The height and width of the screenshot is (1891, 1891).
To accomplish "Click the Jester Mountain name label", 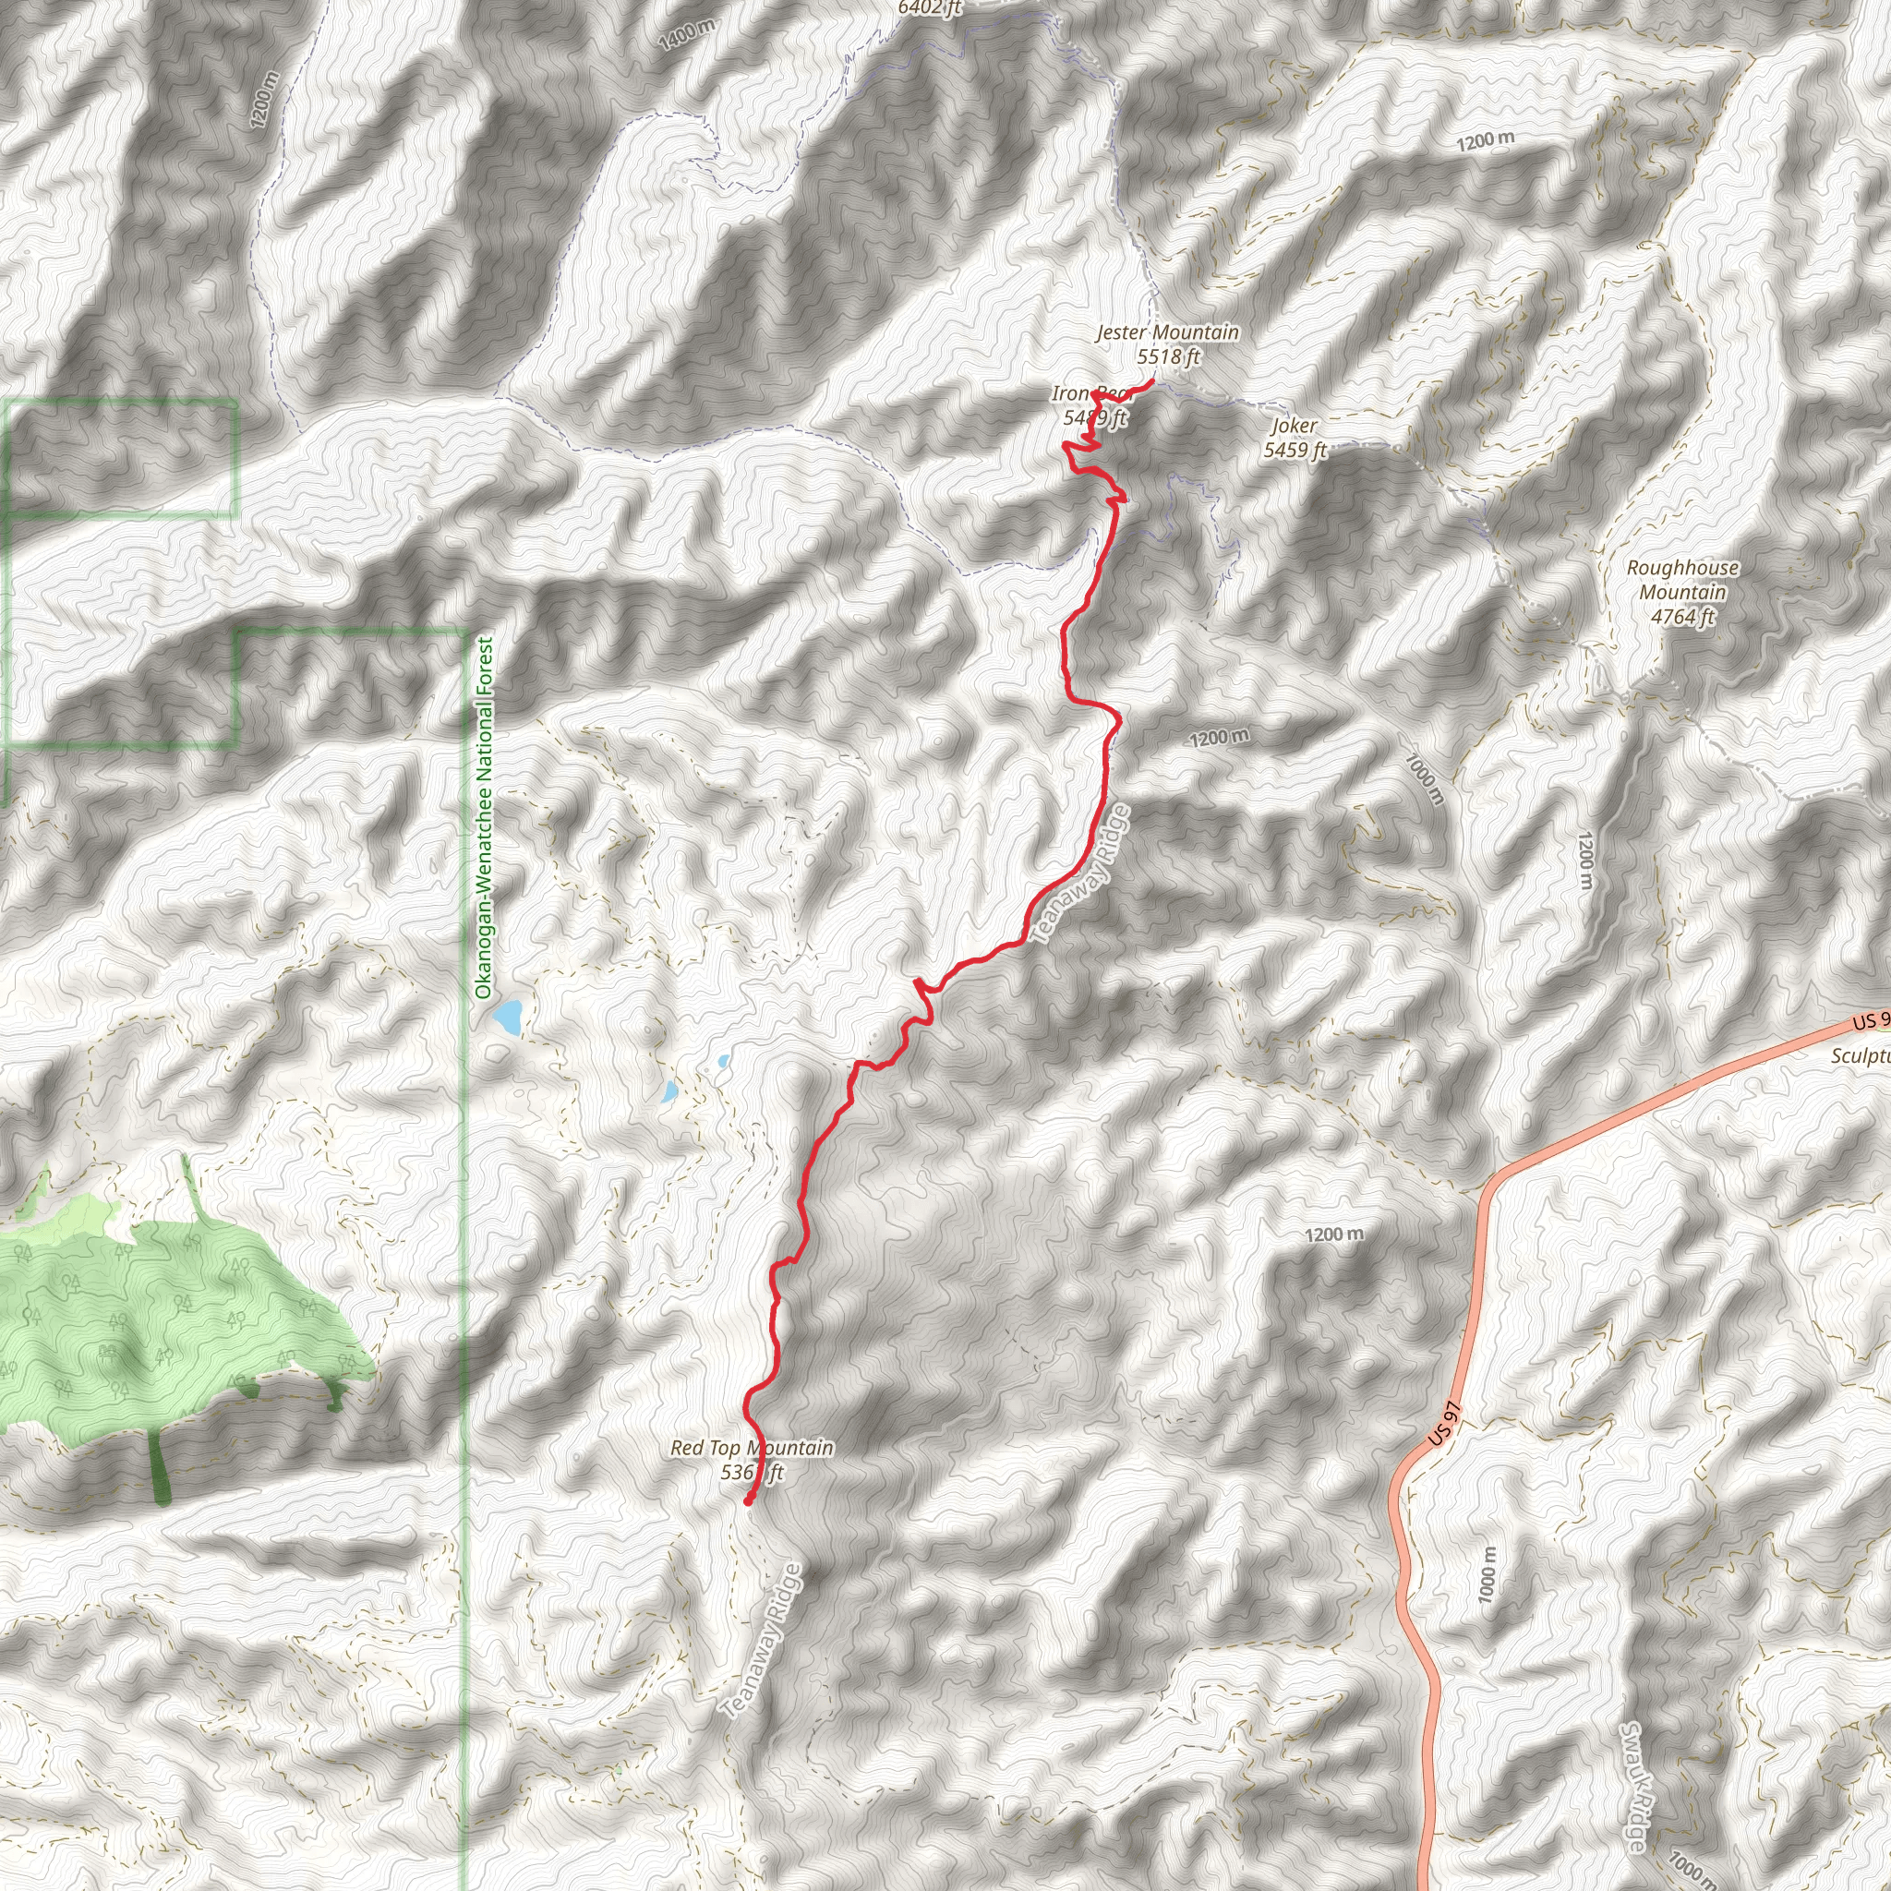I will [x=1167, y=332].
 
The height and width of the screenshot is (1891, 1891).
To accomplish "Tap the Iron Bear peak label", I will [x=1092, y=394].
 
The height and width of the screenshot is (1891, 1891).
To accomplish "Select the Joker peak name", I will [x=1294, y=426].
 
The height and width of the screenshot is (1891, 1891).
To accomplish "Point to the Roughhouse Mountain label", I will [x=1682, y=580].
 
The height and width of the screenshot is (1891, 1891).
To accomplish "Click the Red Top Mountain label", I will [x=752, y=1448].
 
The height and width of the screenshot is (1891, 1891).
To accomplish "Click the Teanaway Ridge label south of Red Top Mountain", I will [x=762, y=1643].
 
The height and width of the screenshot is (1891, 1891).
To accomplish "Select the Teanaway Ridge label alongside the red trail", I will [x=1080, y=875].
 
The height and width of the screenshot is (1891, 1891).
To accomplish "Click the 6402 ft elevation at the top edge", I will [x=930, y=7].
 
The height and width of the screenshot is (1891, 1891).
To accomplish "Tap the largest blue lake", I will [x=507, y=1018].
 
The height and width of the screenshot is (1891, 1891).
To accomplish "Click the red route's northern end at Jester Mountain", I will [x=1153, y=381].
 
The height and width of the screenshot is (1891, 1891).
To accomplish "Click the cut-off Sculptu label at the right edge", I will [x=1860, y=1056].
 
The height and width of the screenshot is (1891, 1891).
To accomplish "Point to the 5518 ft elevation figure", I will [x=1168, y=357].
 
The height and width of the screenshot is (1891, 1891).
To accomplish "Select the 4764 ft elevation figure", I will [x=1682, y=617].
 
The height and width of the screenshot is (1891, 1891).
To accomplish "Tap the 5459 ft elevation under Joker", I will [x=1294, y=451].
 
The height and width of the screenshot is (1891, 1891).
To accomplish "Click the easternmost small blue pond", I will [x=722, y=1060].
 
